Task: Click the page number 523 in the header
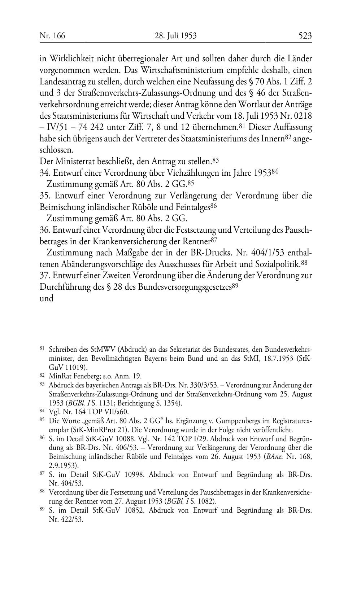(305, 35)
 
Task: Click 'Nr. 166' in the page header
(52, 35)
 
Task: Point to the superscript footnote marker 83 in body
(216, 159)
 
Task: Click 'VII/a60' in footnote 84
(116, 412)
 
